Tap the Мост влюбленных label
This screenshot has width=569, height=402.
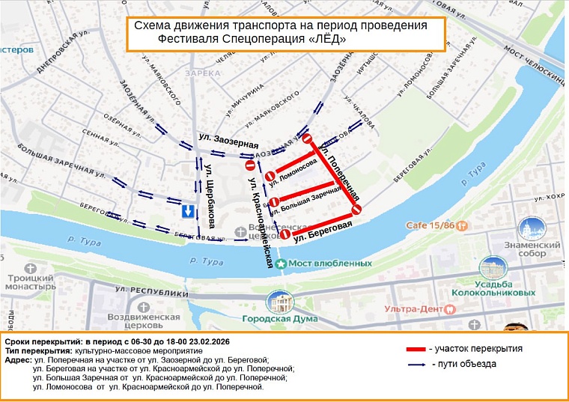[330, 264]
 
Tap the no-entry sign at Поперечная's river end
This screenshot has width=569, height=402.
[357, 209]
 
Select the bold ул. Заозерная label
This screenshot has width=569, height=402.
[228, 141]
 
